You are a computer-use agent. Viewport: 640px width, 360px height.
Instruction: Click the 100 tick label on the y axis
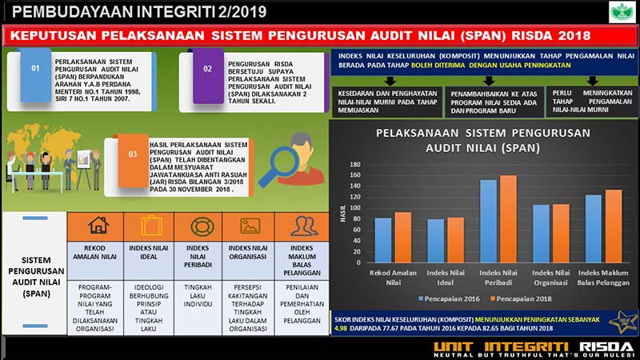click(x=356, y=208)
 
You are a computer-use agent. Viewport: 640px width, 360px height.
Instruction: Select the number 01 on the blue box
click(x=35, y=69)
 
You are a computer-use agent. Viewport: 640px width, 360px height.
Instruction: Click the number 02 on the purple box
click(x=207, y=70)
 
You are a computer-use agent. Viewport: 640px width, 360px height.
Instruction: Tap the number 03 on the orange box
click(x=133, y=153)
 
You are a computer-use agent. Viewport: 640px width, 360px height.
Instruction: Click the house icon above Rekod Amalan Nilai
click(x=98, y=226)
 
